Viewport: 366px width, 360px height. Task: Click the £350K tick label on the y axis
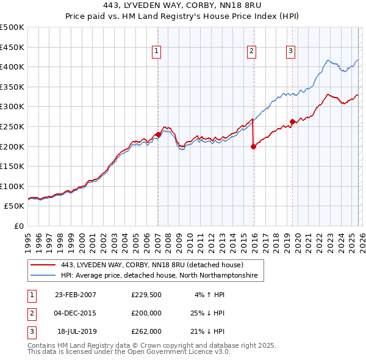click(12, 87)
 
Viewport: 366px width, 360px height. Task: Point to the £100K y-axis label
click(12, 186)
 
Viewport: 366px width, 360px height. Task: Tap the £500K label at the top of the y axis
click(12, 27)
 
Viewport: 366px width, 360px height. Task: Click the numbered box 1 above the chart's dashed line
click(157, 51)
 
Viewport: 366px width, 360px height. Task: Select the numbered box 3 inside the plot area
click(291, 51)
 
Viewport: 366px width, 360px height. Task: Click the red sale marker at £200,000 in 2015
click(253, 146)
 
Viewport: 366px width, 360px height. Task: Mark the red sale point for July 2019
click(292, 121)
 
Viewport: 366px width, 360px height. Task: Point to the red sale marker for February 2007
click(158, 134)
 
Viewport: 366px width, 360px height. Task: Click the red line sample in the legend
click(43, 265)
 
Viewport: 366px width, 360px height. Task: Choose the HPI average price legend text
click(159, 276)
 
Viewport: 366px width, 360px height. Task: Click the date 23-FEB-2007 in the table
click(76, 295)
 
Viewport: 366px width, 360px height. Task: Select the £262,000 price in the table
click(146, 331)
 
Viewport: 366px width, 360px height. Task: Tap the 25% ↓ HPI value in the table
click(207, 313)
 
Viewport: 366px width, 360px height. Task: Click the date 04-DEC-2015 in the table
click(76, 313)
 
